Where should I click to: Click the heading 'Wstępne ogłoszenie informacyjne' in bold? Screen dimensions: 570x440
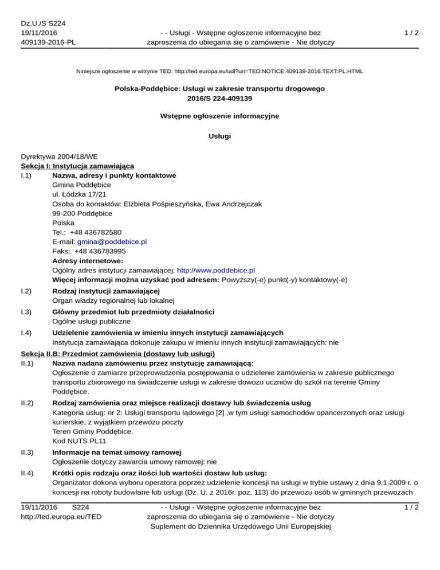(220, 116)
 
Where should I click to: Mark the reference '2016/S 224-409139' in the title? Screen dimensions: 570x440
(220, 98)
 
